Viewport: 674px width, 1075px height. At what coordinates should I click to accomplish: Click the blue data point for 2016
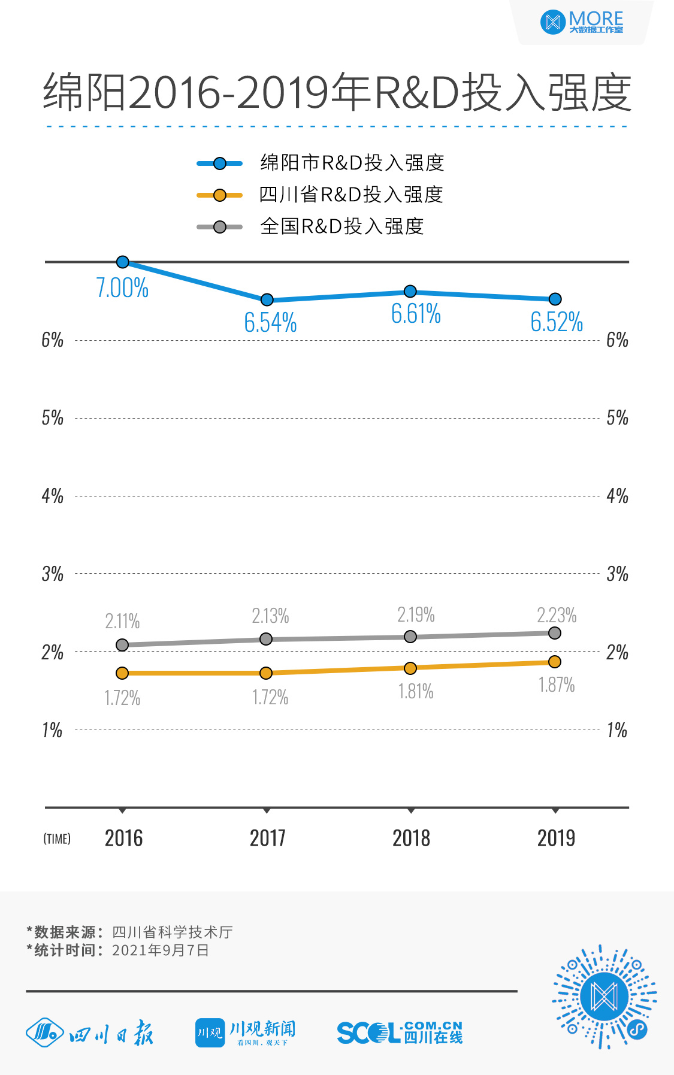click(x=123, y=262)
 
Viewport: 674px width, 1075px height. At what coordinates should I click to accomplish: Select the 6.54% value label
click(x=270, y=323)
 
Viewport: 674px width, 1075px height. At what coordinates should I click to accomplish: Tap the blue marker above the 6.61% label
click(x=410, y=292)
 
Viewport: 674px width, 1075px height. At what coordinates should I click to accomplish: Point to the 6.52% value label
click(x=557, y=322)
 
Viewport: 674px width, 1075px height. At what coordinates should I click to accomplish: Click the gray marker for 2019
click(x=555, y=633)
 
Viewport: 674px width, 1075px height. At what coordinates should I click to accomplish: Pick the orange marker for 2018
click(x=410, y=668)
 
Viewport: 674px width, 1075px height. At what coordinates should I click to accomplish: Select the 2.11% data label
click(x=122, y=621)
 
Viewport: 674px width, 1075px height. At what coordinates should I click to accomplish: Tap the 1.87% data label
click(x=557, y=685)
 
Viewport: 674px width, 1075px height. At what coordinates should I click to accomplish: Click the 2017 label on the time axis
click(x=267, y=838)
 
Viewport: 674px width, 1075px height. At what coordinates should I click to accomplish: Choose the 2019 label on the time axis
click(x=556, y=838)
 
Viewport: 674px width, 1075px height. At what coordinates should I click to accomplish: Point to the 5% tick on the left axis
click(x=53, y=417)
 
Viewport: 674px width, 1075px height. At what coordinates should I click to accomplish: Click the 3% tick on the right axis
click(x=617, y=574)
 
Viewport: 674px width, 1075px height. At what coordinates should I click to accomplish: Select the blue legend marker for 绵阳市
click(x=220, y=163)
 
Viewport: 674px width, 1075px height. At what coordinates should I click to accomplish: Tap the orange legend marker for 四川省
click(x=220, y=195)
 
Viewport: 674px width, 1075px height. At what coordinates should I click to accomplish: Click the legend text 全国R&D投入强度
click(x=342, y=226)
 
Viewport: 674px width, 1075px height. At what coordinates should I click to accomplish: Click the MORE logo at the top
click(x=582, y=22)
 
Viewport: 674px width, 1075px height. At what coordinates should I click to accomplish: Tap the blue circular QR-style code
click(x=604, y=997)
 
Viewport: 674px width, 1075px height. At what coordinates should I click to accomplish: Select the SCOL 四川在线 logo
click(x=400, y=1032)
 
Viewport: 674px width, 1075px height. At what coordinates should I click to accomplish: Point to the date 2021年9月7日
click(x=161, y=950)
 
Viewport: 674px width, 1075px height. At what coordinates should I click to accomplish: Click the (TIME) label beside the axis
click(x=57, y=839)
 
